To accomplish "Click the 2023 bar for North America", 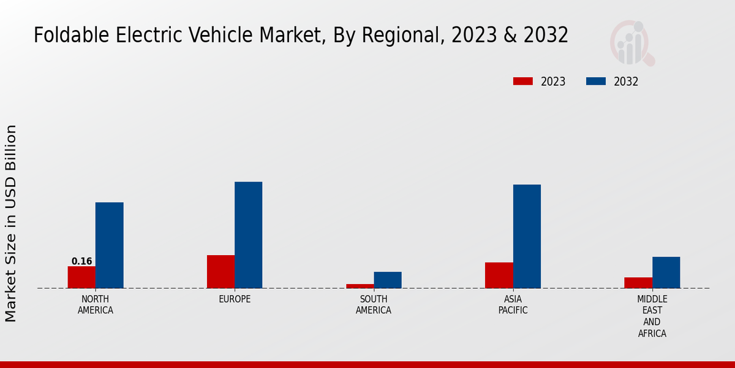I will pos(81,277).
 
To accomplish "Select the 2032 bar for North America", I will pos(109,245).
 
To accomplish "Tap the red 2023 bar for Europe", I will pos(221,272).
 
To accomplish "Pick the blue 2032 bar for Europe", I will pos(248,235).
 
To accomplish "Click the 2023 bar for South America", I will pos(360,286).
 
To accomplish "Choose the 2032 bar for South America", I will pos(388,280).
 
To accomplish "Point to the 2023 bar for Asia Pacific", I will pos(499,275).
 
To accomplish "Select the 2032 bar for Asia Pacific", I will pos(527,236).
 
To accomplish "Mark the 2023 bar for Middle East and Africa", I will pos(638,283).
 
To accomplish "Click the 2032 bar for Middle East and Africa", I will pos(666,272).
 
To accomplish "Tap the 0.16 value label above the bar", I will pos(81,261).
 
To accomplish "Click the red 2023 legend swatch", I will pos(523,82).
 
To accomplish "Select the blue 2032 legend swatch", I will pos(597,82).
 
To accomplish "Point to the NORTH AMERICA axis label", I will pos(95,305).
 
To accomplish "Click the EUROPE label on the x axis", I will pos(235,299).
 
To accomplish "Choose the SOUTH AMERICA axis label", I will pos(374,305).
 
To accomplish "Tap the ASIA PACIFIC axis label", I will pos(513,305).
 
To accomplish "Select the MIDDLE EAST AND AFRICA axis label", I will pos(652,316).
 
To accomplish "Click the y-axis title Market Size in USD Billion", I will pos(11,223).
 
